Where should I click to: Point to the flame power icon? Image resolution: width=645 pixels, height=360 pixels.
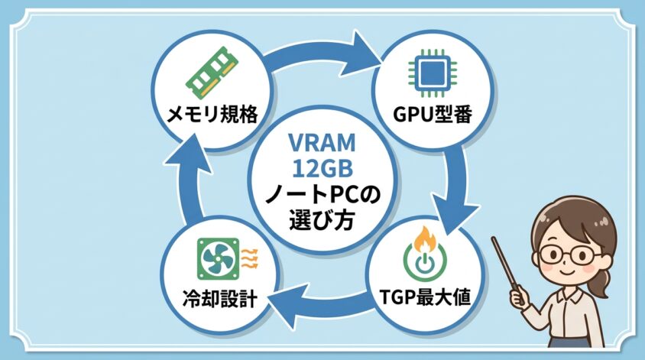click(423, 250)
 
